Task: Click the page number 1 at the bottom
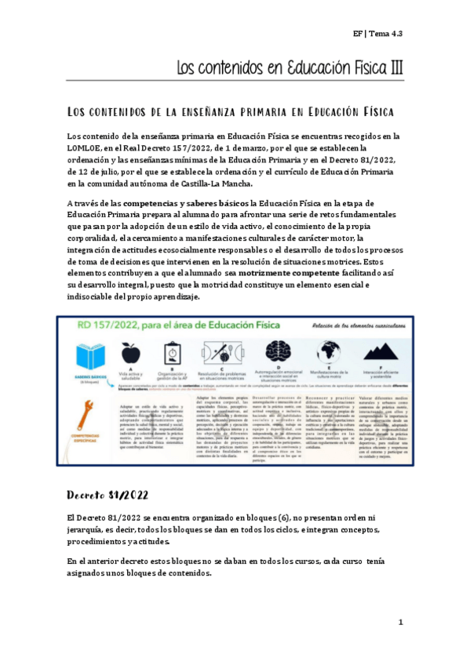click(x=400, y=622)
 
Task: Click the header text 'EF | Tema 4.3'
click(x=377, y=33)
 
